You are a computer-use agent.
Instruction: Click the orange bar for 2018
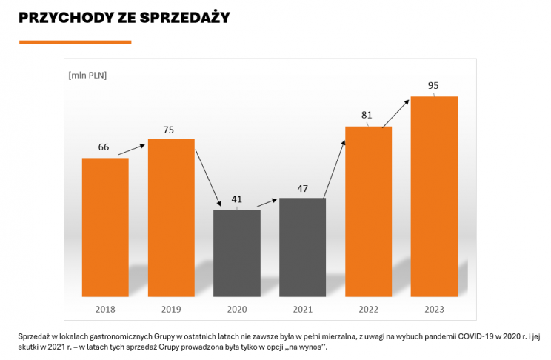tap(105, 226)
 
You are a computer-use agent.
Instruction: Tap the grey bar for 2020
tap(237, 252)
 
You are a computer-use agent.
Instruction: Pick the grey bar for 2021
tap(302, 246)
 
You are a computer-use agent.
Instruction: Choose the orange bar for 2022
tap(368, 210)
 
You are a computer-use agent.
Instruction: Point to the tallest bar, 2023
tap(434, 196)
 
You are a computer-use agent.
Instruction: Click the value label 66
tap(104, 147)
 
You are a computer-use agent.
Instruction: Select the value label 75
tap(169, 130)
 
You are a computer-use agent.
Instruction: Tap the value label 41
tap(237, 199)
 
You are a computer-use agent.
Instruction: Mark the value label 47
tap(303, 188)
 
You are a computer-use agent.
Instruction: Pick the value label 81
tap(366, 116)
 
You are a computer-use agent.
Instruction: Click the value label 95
tap(434, 85)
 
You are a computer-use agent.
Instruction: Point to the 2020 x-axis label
tap(237, 308)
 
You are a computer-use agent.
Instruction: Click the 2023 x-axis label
tap(434, 308)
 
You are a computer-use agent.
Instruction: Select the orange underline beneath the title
tap(75, 42)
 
